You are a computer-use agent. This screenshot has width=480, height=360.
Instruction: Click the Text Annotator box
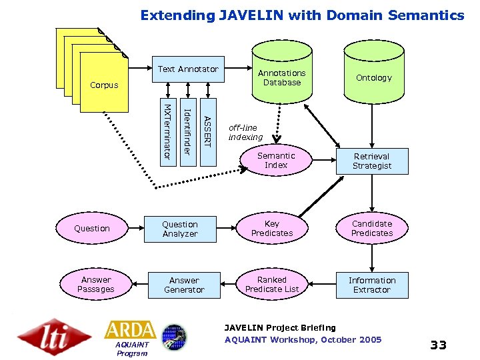tap(188, 69)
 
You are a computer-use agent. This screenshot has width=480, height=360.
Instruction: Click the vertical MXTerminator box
tap(167, 131)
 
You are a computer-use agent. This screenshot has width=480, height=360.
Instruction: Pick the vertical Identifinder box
tap(188, 131)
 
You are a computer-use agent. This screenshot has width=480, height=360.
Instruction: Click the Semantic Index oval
tap(275, 161)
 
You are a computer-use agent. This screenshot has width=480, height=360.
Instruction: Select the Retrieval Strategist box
tap(372, 161)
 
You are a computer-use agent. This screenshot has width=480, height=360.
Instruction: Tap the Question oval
tap(92, 229)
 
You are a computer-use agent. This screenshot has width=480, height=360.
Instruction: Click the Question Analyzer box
tap(180, 229)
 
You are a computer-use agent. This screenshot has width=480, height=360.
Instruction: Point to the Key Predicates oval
tap(272, 229)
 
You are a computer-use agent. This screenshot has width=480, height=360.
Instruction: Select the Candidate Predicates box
tap(372, 229)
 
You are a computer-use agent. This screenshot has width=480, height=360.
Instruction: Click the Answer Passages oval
tap(96, 285)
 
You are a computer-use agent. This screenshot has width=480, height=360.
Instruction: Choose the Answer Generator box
tap(184, 285)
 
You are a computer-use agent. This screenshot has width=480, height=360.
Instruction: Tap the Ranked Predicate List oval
tap(272, 285)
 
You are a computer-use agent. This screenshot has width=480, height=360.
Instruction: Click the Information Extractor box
tap(372, 285)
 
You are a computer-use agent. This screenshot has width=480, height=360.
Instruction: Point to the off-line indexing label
tap(245, 132)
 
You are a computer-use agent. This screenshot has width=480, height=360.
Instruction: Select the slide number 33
tap(438, 345)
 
